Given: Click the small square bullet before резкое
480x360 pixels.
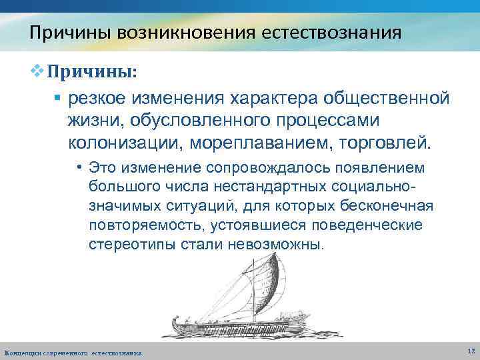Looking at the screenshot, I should [x=57, y=99].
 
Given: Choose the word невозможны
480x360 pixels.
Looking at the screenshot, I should [x=275, y=245].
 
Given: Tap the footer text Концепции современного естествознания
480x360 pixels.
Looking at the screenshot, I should [x=73, y=351].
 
